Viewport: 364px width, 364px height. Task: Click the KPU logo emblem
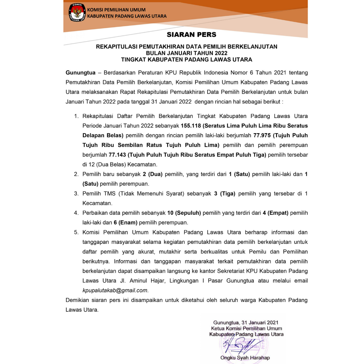(77, 13)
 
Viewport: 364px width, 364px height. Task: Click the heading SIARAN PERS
(191, 35)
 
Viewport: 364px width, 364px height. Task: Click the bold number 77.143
(117, 155)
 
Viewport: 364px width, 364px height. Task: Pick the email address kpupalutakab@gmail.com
(115, 290)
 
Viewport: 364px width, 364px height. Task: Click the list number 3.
(76, 193)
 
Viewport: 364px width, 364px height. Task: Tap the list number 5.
(76, 232)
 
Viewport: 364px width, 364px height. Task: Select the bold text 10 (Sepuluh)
(184, 213)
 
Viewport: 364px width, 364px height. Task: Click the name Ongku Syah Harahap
(245, 358)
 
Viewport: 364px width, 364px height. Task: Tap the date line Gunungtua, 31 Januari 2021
(246, 322)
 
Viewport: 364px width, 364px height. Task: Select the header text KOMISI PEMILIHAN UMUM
(117, 10)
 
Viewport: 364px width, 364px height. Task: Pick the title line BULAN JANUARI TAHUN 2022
(186, 53)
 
